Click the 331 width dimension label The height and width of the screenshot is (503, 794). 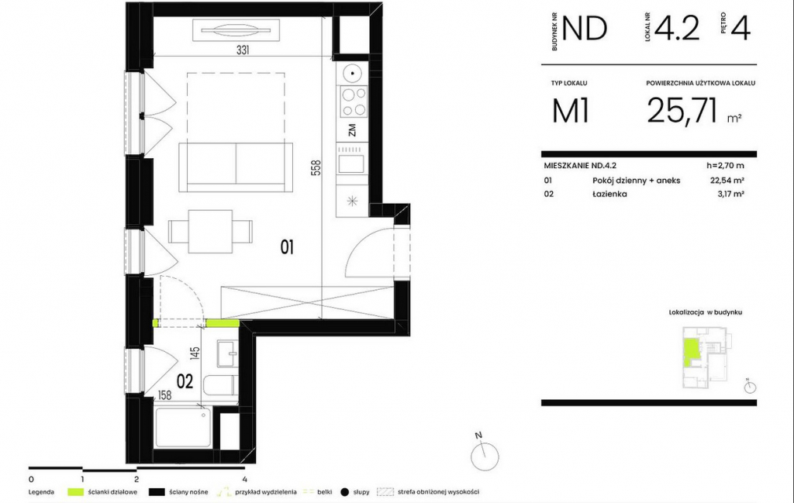243,50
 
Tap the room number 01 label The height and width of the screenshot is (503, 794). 287,247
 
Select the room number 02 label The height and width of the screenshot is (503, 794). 185,381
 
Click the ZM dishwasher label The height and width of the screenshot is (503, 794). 352,129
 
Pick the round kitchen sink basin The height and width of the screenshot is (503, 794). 350,74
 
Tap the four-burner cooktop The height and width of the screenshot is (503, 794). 353,102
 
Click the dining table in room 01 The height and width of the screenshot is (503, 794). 211,233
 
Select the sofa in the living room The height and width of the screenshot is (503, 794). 236,167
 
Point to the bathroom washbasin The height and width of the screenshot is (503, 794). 227,353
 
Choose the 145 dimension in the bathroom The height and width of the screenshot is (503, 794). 195,353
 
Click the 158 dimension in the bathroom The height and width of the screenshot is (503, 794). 164,395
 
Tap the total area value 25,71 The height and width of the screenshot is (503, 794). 682,110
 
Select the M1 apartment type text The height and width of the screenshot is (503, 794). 571,111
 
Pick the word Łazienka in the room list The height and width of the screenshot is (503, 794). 609,194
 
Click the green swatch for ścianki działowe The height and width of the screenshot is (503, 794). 75,492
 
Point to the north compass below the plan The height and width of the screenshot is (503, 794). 485,455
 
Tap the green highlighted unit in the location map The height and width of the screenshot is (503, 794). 690,353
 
